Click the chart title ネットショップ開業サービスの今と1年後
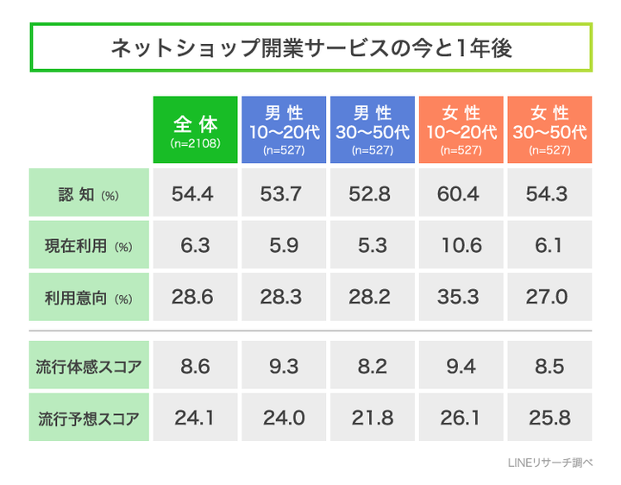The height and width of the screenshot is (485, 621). (x=310, y=47)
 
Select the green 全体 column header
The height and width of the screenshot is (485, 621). (x=195, y=129)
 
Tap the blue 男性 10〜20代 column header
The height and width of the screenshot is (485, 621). (x=284, y=129)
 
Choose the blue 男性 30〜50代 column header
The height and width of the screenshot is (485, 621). (x=372, y=129)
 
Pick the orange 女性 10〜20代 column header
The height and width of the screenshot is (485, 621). (x=461, y=129)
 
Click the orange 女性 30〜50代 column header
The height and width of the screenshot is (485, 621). (x=549, y=129)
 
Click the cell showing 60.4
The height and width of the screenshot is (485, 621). (x=461, y=194)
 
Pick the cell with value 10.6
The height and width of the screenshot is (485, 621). (x=461, y=245)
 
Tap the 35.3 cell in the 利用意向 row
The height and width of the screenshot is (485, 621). (x=461, y=298)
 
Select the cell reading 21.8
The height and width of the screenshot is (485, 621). (x=372, y=418)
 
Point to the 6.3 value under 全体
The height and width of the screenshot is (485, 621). (x=195, y=245)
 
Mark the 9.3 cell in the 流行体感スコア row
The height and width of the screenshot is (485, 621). (x=284, y=366)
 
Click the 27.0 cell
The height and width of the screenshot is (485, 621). (x=549, y=298)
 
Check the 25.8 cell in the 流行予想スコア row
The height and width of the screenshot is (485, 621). (x=549, y=418)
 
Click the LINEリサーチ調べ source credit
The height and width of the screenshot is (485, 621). (x=550, y=463)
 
